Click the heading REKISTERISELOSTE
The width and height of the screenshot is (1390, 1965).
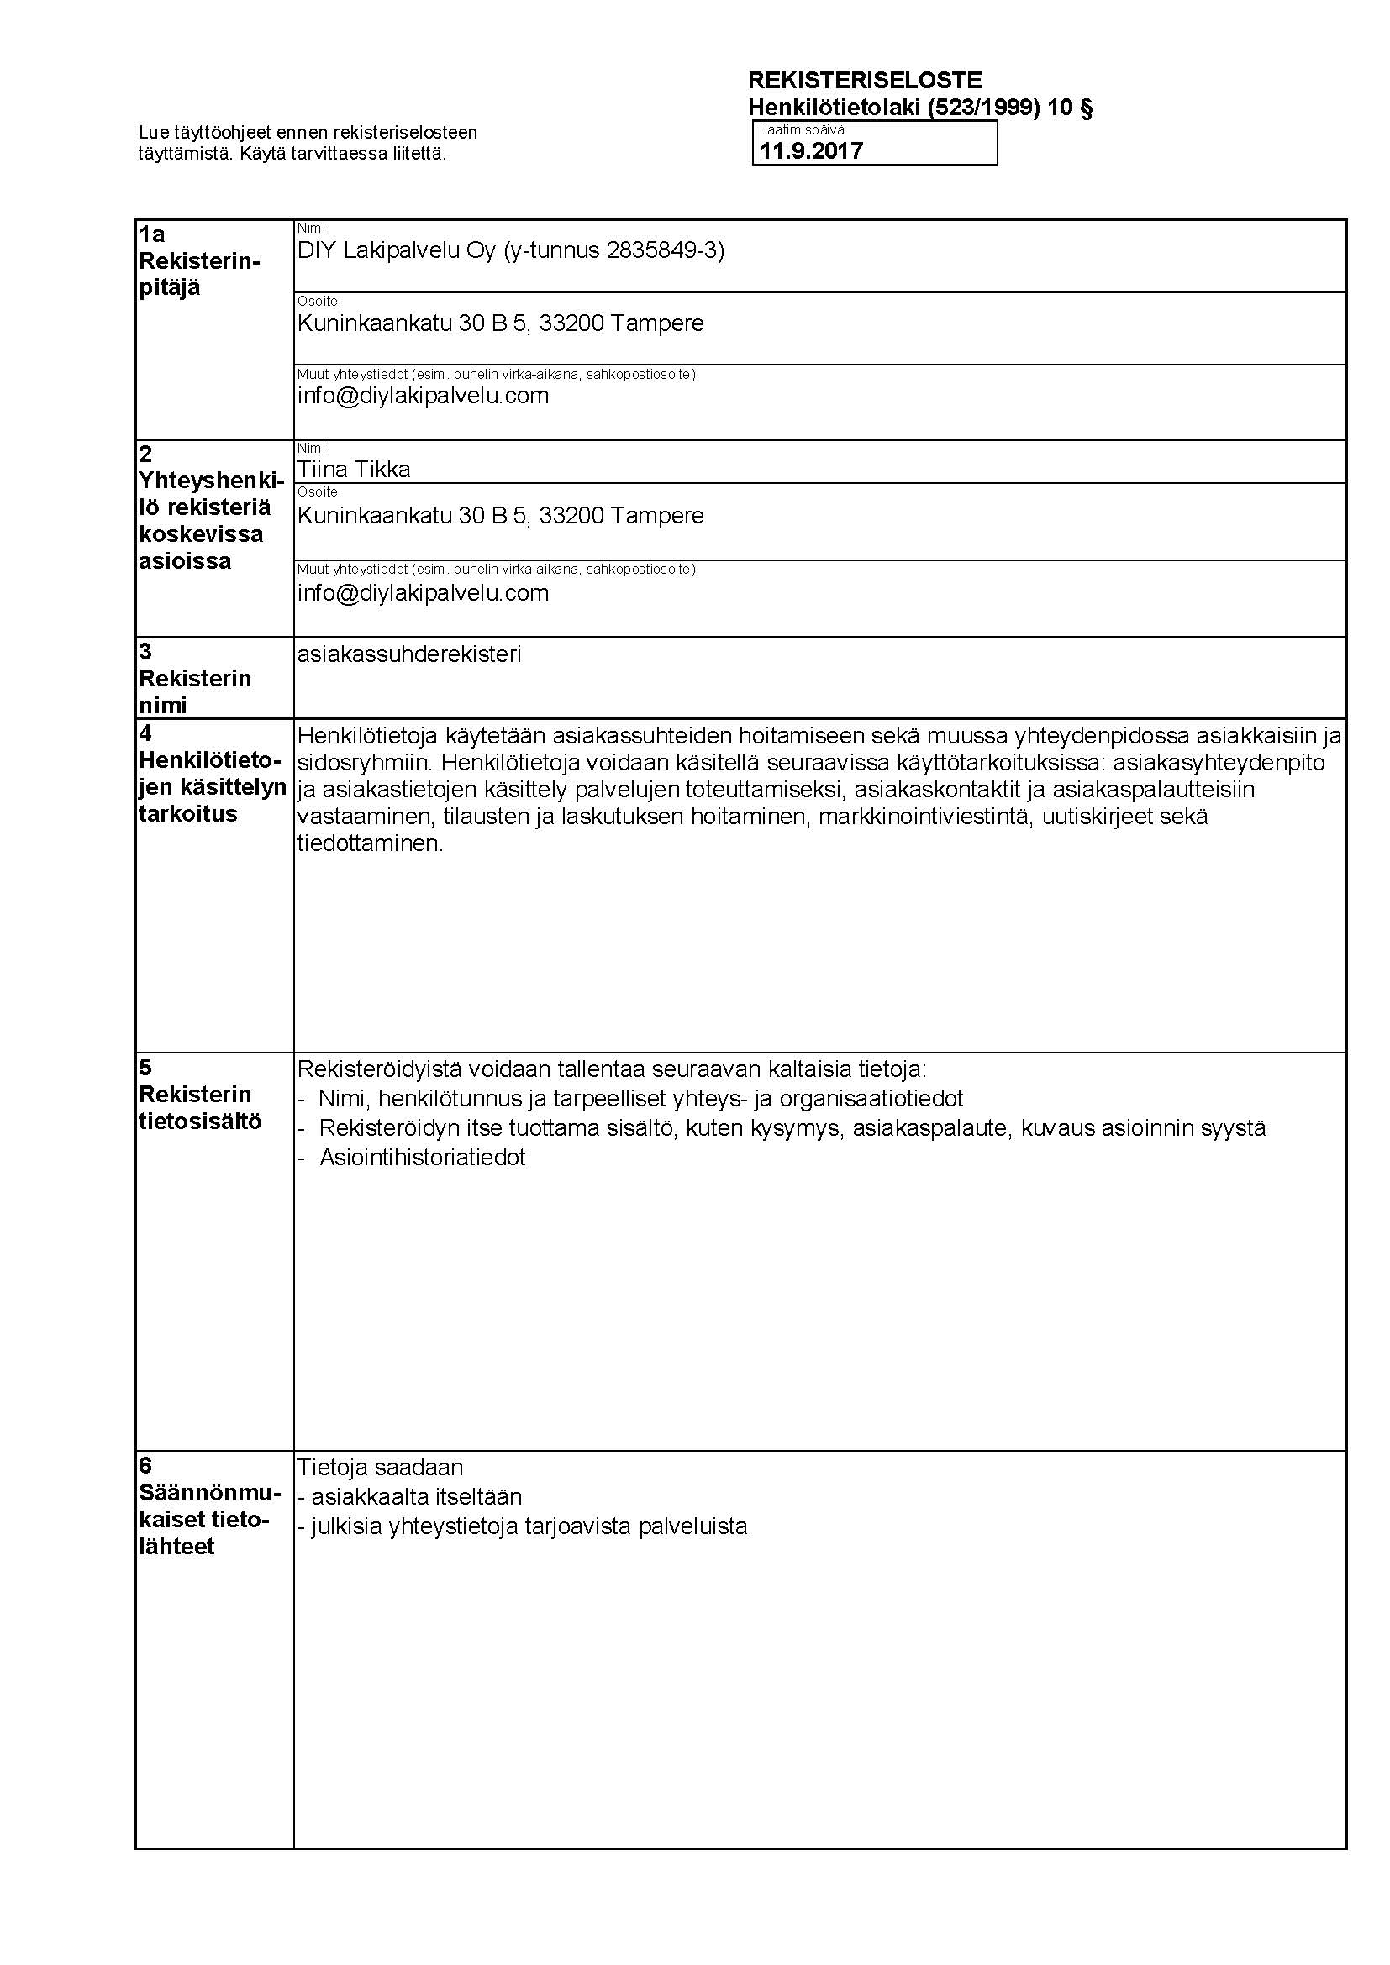click(x=865, y=81)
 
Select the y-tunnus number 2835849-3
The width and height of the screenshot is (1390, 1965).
click(x=662, y=250)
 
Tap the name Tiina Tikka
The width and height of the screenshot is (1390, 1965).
click(x=354, y=469)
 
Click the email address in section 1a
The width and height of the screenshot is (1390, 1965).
click(x=423, y=396)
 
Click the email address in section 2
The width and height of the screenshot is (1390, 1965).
click(x=423, y=593)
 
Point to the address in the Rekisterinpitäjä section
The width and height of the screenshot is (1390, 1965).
click(x=500, y=323)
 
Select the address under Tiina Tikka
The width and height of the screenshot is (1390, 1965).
click(x=500, y=516)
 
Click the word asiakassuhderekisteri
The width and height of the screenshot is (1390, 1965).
click(x=408, y=654)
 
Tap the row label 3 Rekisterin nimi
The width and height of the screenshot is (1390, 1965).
click(x=194, y=679)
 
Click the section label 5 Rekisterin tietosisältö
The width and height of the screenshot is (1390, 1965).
click(x=199, y=1095)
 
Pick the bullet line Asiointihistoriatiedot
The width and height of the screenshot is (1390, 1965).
click(x=422, y=1158)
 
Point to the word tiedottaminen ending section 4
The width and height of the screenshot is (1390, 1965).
click(x=370, y=844)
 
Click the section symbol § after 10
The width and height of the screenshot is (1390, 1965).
click(x=1085, y=108)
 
